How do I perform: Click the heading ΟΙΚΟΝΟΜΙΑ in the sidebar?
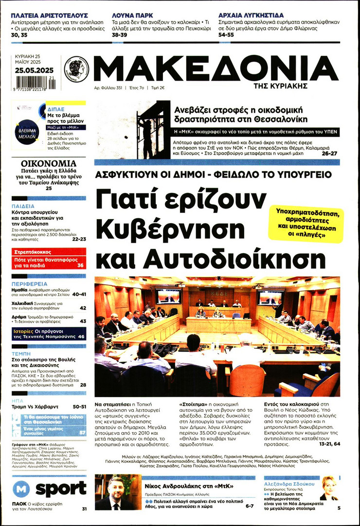[49, 164]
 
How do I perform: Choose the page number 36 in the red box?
[80, 265]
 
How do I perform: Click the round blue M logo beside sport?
[21, 489]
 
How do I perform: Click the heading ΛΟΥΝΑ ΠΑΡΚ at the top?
[131, 15]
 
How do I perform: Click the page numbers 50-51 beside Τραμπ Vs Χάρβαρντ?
[79, 406]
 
